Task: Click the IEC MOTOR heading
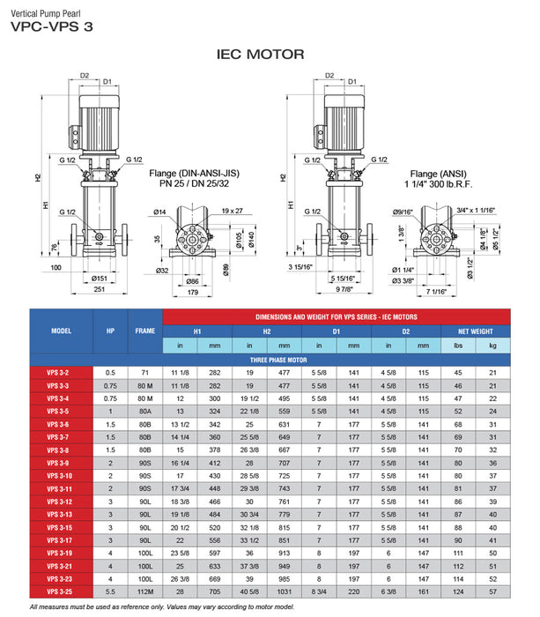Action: (260, 55)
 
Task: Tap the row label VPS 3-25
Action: (59, 591)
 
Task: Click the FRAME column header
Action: (144, 331)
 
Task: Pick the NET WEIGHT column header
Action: (476, 331)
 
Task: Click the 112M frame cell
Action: (144, 591)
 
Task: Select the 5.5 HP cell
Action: (111, 591)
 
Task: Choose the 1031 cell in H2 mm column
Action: (284, 591)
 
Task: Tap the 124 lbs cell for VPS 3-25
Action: (458, 591)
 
